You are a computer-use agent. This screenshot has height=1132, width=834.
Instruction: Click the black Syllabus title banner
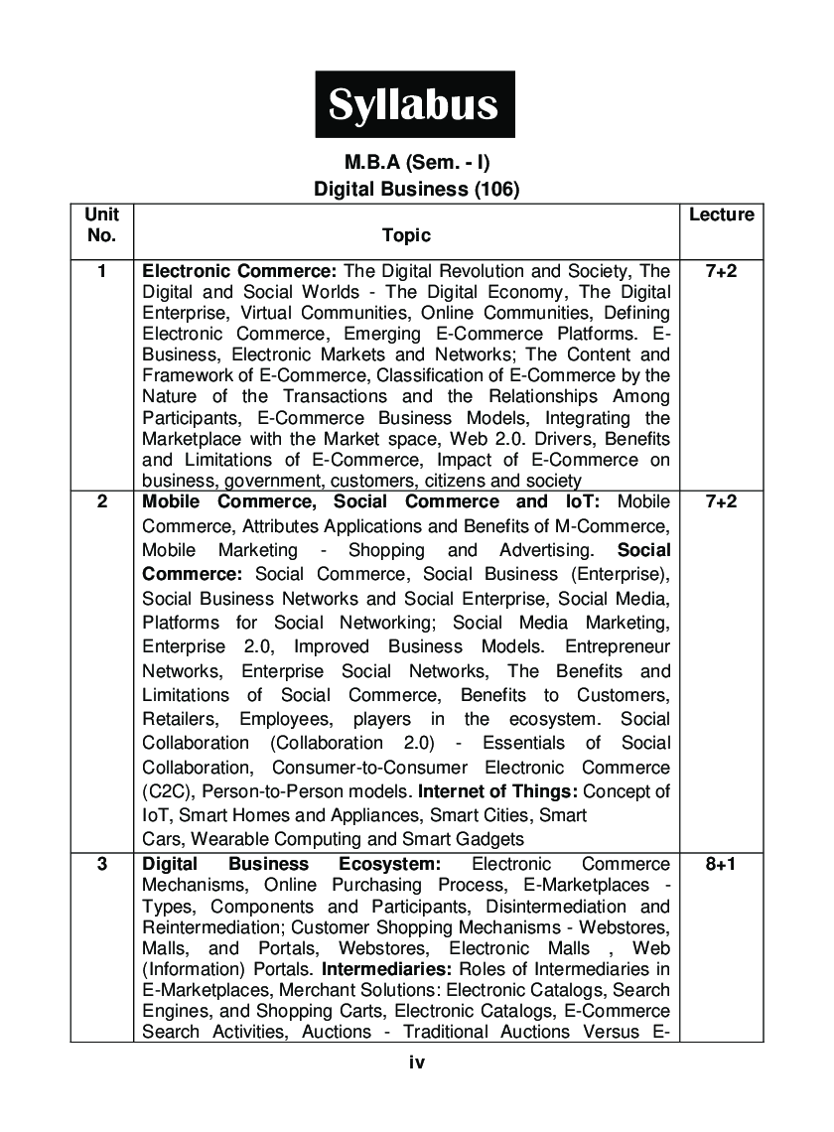click(415, 104)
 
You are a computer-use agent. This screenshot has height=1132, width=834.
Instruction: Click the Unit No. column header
click(101, 224)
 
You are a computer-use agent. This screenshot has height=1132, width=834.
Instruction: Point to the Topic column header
click(406, 235)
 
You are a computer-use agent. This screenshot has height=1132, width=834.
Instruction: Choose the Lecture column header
click(721, 214)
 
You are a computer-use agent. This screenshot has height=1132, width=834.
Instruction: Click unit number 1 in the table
click(101, 271)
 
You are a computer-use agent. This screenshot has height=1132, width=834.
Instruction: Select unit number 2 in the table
click(101, 501)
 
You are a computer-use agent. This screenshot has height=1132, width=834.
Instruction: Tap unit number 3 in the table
click(101, 864)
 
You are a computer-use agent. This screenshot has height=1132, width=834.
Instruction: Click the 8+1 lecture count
click(721, 864)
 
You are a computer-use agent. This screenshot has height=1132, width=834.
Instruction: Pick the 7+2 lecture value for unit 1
click(721, 271)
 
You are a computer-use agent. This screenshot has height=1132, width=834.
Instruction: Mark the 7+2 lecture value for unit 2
click(721, 501)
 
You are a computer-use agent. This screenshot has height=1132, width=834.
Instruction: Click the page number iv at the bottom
click(417, 1062)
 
